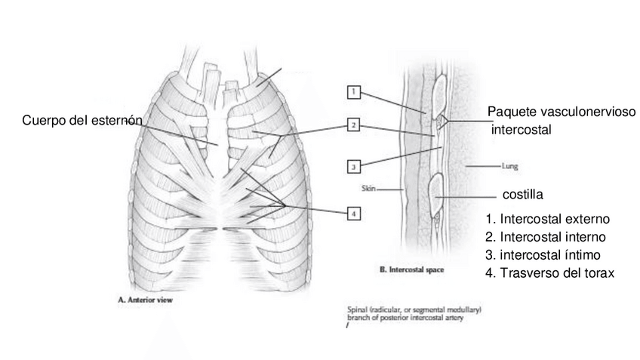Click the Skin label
(x=369, y=189)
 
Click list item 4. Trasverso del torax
(x=550, y=273)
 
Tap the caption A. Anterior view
(x=146, y=299)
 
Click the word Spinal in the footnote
(x=356, y=309)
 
